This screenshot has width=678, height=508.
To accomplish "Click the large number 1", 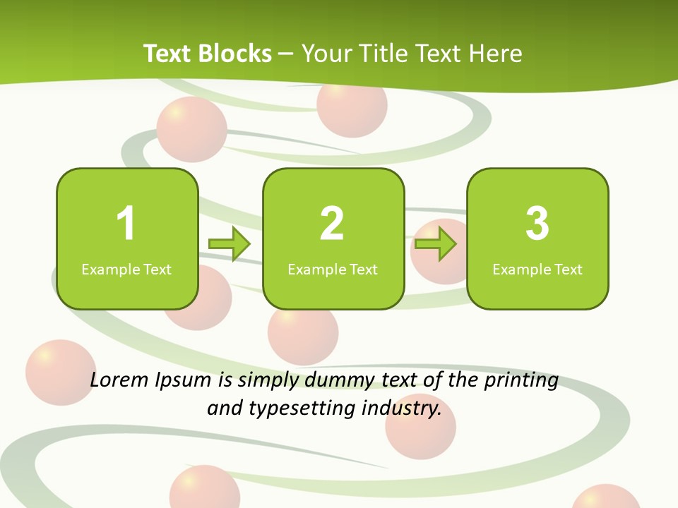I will [126, 224].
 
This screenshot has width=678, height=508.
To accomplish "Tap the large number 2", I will [332, 224].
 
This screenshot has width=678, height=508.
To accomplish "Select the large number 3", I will [537, 224].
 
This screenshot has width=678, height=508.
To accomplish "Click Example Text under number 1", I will [126, 270].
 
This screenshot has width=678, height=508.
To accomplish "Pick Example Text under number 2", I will [333, 270].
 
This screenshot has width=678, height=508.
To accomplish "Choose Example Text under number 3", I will [537, 270].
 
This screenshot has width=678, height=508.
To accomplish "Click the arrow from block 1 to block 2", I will [230, 244].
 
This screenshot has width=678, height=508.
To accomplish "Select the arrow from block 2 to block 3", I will [436, 244].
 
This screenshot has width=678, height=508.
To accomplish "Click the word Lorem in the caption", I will [118, 380].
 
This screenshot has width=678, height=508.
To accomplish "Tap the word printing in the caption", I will [521, 382].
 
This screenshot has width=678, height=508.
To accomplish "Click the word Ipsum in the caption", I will [183, 382].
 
